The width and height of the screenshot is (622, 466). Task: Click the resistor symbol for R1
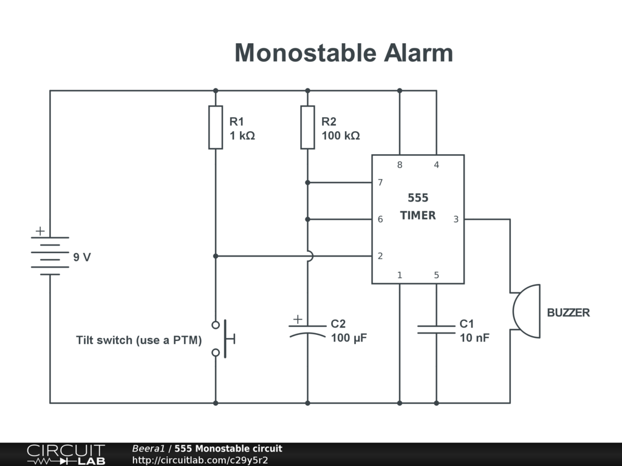tap(216, 127)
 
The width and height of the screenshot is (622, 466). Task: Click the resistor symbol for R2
tap(307, 127)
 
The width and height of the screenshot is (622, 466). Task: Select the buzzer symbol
tap(525, 311)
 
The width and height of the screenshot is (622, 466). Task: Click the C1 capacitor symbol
tap(436, 329)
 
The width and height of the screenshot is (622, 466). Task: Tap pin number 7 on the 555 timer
tap(380, 183)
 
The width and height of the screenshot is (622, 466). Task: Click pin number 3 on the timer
tap(456, 219)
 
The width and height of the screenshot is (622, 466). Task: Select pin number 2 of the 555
tap(380, 256)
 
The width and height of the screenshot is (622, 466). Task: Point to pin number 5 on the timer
tap(436, 275)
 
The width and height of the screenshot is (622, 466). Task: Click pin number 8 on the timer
tap(400, 165)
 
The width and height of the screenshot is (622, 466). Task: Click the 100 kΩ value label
tap(341, 136)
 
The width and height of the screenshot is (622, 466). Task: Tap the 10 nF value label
tap(474, 338)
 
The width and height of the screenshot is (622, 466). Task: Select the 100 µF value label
tap(349, 338)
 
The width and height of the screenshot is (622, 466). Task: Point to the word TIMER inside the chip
tap(418, 215)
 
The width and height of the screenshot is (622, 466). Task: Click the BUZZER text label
tap(569, 313)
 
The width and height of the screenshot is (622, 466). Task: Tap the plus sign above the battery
tap(40, 231)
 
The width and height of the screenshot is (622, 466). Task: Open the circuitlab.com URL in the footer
tap(200, 460)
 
